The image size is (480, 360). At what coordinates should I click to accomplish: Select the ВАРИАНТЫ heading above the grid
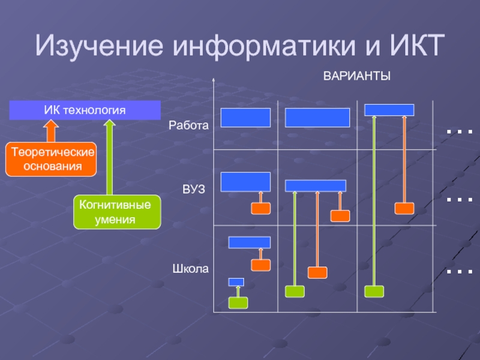pos(357,76)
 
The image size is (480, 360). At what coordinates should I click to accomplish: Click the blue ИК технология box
pos(85,110)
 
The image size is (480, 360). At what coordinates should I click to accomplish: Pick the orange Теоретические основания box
pos(52,159)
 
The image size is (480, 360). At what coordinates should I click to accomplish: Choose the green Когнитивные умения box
pos(117,212)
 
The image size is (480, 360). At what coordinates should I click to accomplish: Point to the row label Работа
pos(188,126)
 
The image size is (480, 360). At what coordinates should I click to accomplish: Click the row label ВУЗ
pos(194,190)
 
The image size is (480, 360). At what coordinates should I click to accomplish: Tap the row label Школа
pos(190,269)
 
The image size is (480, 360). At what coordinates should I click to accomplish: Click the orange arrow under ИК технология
pos(52,130)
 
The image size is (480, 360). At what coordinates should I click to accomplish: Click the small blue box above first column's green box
pos(236,282)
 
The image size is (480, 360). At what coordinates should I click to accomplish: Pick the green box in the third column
pos(374,291)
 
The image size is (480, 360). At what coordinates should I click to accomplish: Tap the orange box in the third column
pos(404,208)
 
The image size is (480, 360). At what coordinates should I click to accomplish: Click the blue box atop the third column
pos(389,110)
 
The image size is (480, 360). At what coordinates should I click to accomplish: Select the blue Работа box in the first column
pos(245,118)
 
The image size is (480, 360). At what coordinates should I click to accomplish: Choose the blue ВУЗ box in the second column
pos(316,185)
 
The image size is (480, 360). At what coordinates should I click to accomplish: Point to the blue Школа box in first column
pos(250,242)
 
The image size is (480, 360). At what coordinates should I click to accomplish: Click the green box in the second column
pos(295,292)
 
